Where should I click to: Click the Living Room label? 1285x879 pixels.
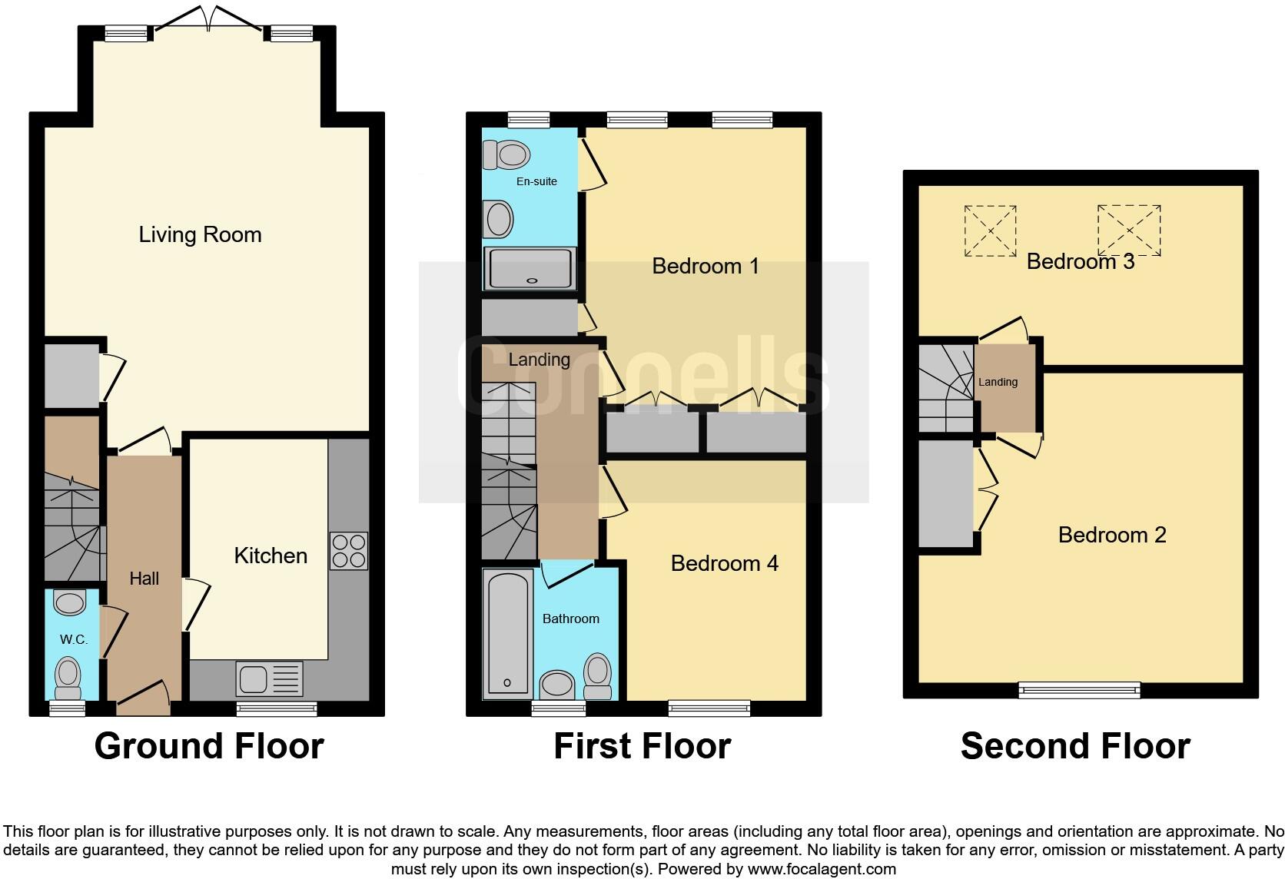(200, 234)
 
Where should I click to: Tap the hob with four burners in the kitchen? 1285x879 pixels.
(349, 551)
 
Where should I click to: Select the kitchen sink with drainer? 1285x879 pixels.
(270, 679)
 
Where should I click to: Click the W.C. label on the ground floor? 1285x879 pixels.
(74, 639)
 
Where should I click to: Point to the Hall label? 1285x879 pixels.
(144, 579)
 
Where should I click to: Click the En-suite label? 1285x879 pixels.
(536, 181)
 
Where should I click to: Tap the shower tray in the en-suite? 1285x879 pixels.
(530, 268)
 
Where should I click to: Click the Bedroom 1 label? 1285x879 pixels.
(705, 266)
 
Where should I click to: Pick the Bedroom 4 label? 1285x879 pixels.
(724, 563)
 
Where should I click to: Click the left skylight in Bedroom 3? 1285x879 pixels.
(991, 231)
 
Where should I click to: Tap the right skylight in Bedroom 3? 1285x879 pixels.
(1129, 230)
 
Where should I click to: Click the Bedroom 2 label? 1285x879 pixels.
(1111, 535)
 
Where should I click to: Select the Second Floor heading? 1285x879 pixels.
(1074, 746)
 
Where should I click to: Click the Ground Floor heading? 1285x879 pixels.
(209, 746)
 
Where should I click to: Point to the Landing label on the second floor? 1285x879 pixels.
(998, 382)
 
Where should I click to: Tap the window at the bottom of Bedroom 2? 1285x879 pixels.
(1079, 690)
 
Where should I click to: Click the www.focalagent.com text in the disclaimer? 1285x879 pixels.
(821, 869)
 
